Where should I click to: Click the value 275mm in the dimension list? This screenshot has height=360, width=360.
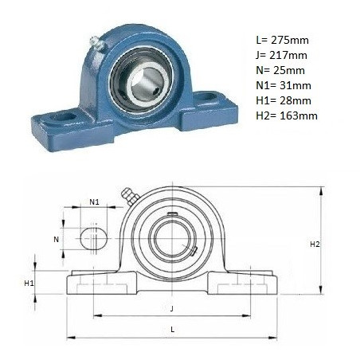tap(290, 41)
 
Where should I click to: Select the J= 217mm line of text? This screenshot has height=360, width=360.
tap(281, 56)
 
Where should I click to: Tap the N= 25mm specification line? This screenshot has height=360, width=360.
tap(280, 71)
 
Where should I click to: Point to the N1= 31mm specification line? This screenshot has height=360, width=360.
tap(284, 86)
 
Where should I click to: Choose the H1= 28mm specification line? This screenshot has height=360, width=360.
tap(284, 101)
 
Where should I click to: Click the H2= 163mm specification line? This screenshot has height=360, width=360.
tap(287, 116)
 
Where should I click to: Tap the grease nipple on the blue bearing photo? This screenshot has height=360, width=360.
tap(96, 43)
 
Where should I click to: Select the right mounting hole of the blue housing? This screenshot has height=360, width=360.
tap(206, 96)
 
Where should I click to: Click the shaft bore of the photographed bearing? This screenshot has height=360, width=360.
tap(146, 81)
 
